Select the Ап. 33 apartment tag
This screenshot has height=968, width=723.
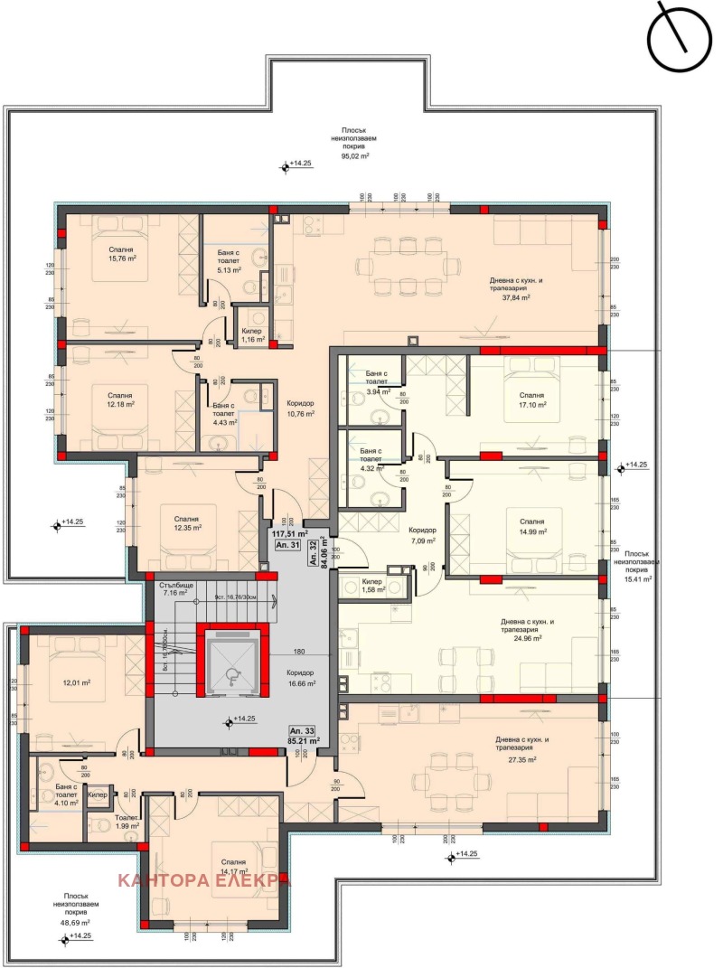pos(301,729)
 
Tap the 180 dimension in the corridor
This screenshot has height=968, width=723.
pos(297,652)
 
